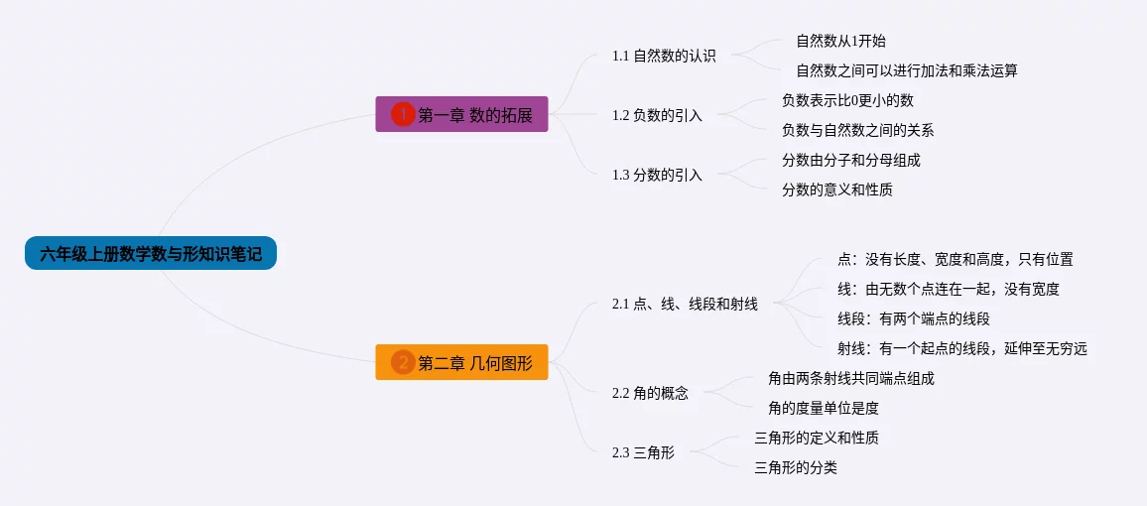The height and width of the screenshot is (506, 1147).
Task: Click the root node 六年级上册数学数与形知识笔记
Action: tap(151, 253)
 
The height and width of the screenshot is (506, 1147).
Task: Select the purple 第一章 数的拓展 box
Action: tap(461, 114)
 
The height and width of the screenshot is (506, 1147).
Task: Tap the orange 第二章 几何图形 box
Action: tap(461, 362)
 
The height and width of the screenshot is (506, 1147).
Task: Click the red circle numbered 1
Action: tap(403, 114)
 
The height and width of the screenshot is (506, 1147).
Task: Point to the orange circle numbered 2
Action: tap(403, 362)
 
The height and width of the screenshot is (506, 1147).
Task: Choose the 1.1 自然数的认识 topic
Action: tap(664, 56)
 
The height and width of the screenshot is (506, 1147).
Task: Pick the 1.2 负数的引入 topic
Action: tap(657, 115)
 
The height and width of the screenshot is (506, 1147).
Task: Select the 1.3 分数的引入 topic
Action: tap(657, 175)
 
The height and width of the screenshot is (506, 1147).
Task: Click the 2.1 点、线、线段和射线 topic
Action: tap(685, 305)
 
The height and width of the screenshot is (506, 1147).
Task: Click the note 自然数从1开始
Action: tap(840, 41)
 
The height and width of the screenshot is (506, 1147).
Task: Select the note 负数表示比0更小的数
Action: tap(847, 99)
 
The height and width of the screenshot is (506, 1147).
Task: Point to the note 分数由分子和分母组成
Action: tap(851, 160)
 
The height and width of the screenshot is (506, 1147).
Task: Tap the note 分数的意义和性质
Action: tap(837, 190)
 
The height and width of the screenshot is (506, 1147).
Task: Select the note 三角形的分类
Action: tap(796, 468)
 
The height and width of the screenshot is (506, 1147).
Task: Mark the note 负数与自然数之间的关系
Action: tap(858, 130)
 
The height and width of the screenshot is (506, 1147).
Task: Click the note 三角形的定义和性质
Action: tap(817, 438)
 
